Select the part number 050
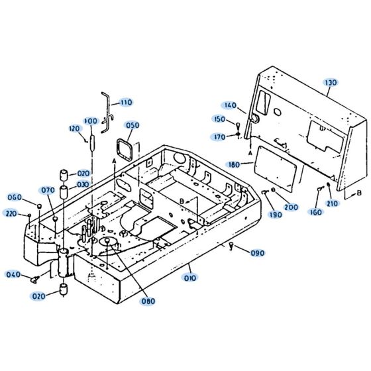tap(132, 126)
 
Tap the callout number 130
tap(330, 83)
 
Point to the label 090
tap(258, 253)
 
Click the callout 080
tap(148, 301)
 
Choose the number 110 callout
tap(125, 103)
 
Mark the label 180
tap(233, 164)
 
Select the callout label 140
tap(230, 105)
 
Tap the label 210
tap(332, 203)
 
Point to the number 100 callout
tap(91, 121)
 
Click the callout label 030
tap(83, 185)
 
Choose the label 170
tap(219, 137)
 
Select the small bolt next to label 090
tap(231, 246)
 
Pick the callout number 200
tap(291, 207)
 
